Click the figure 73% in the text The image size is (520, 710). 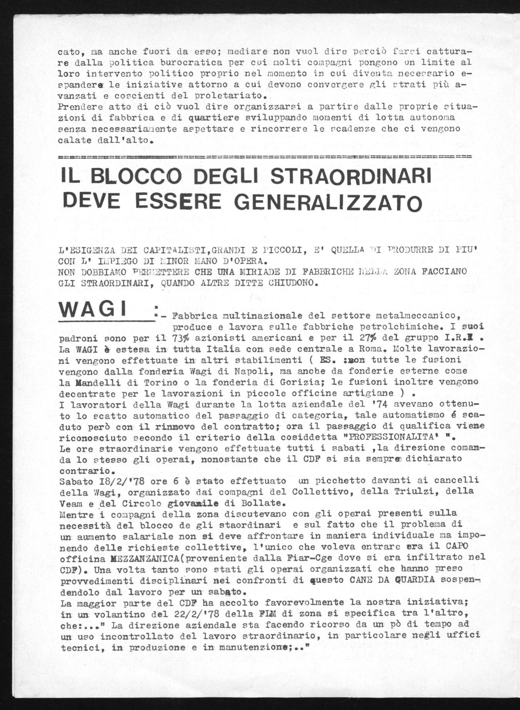pos(178,338)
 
